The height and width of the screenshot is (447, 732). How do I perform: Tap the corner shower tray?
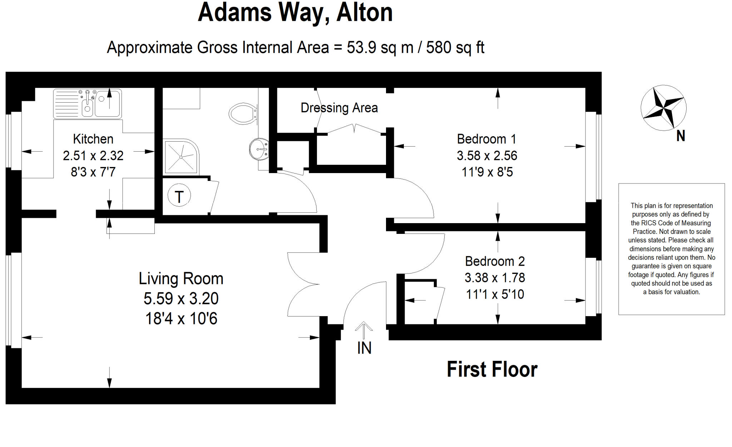coord(181,157)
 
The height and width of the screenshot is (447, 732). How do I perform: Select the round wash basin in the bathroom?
coord(258,149)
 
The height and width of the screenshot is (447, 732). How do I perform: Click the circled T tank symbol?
coord(179,196)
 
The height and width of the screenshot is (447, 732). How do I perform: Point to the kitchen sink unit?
coord(88,104)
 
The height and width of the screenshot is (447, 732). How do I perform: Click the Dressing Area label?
coord(339,108)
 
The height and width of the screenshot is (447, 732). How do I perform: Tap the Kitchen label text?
coord(93,139)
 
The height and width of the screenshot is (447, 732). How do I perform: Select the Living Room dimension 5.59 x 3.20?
coord(181,299)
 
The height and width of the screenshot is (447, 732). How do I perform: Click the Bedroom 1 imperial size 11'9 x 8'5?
coord(487,172)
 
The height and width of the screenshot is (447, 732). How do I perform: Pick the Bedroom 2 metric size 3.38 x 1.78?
coord(495,277)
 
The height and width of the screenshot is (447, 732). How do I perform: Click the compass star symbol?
coord(663,108)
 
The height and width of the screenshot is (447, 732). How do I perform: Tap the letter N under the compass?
coord(681,136)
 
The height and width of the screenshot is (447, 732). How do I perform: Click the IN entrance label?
coord(364,348)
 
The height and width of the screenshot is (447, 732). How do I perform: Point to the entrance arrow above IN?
coord(364,330)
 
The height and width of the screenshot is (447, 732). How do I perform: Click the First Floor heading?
coord(492,369)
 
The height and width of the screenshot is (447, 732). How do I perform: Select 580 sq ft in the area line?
coord(455,48)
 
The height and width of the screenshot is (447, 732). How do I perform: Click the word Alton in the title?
coord(364,13)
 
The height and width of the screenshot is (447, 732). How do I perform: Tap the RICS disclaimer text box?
coord(671,249)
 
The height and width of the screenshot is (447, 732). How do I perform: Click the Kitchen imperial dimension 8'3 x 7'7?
coord(93,172)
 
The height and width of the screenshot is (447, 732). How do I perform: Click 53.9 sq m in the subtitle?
coord(380,48)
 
